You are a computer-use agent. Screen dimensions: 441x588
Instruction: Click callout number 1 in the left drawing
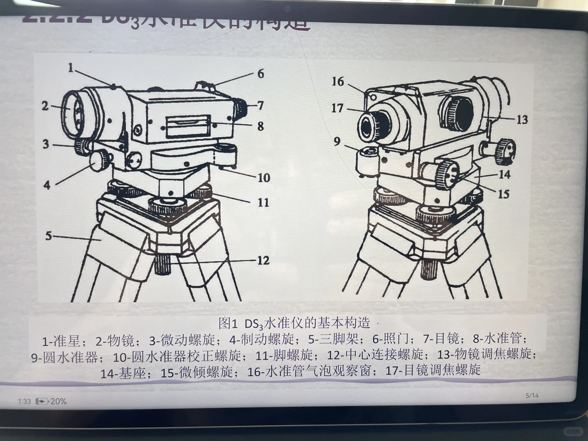pos(71,68)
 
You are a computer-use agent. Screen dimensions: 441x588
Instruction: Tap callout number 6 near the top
pos(261,74)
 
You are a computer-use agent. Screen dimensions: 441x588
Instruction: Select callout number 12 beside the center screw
pos(263,260)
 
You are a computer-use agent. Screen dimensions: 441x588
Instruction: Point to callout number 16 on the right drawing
pos(338,82)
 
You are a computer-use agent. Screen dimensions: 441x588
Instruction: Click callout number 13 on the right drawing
pos(522,120)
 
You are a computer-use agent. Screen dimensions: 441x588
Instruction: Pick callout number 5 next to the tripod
pos(49,236)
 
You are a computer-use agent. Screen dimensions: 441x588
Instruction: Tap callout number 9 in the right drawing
pos(337,141)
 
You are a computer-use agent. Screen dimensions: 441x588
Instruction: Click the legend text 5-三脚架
pos(333,339)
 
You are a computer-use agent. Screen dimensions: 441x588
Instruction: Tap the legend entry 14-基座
pos(123,372)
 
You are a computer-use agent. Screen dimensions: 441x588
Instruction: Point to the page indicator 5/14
pos(532,395)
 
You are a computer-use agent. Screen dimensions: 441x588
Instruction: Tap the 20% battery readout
pos(58,401)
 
